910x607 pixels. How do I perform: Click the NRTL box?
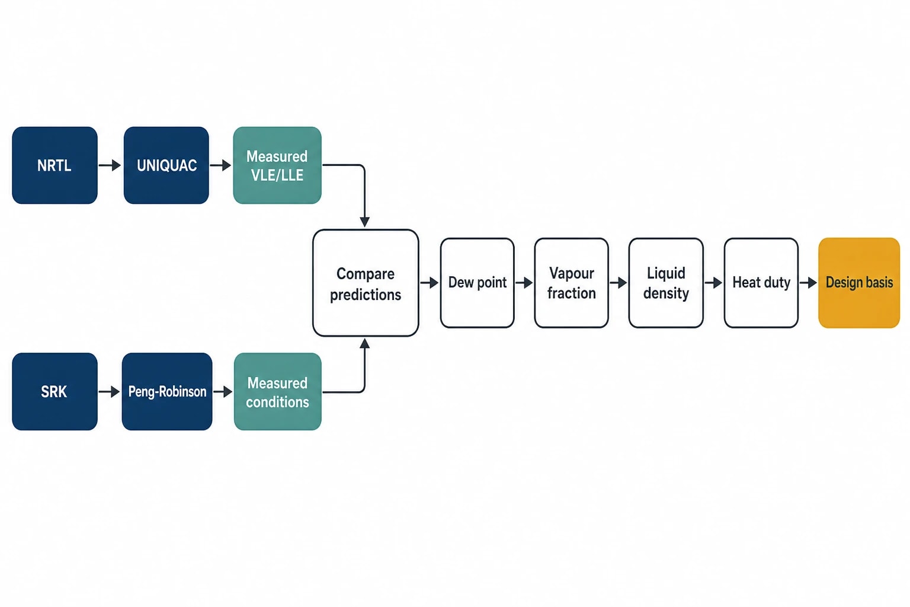click(55, 165)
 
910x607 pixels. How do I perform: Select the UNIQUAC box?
click(166, 165)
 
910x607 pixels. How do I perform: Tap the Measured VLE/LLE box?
click(277, 165)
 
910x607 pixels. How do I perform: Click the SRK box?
click(55, 391)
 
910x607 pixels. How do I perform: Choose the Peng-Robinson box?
click(167, 391)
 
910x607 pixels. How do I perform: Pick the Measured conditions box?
click(277, 391)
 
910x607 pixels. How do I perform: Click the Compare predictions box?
click(366, 283)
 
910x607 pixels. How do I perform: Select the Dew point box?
click(478, 283)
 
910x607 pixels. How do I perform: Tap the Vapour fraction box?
click(572, 283)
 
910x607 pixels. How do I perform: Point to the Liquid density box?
click(666, 283)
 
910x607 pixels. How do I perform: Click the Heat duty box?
click(761, 283)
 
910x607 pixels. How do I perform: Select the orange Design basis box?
click(859, 283)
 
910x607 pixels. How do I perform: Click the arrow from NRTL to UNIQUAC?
click(110, 165)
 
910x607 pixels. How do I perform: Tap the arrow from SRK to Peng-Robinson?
click(109, 391)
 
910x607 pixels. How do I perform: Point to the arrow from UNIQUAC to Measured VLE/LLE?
click(220, 165)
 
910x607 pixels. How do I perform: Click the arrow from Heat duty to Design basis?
click(808, 283)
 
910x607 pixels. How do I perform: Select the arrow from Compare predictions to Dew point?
click(430, 283)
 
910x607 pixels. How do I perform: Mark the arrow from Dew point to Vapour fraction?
click(524, 283)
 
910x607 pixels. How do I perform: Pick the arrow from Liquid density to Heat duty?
click(713, 283)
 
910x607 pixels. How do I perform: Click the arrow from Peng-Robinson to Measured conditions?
click(223, 391)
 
